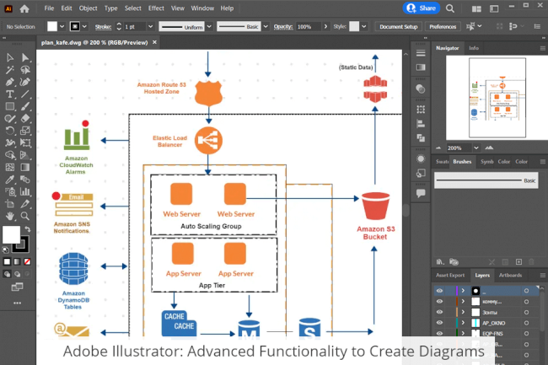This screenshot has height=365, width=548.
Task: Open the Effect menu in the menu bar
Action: click(x=156, y=8)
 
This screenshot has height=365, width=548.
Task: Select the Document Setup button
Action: click(x=398, y=27)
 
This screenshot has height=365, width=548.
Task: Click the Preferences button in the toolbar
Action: click(x=443, y=27)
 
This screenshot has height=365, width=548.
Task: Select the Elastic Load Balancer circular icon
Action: click(x=207, y=139)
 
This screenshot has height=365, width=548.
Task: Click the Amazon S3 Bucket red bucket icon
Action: click(x=376, y=207)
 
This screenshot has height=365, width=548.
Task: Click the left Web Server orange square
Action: click(x=182, y=193)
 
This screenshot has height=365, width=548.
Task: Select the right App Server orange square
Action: click(x=236, y=254)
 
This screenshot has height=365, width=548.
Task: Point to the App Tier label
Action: click(x=211, y=285)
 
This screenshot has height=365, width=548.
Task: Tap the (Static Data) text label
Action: click(x=357, y=67)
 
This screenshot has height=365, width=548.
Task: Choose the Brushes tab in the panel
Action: click(x=462, y=161)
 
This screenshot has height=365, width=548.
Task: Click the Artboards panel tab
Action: click(x=510, y=275)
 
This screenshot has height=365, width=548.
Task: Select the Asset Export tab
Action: click(x=450, y=275)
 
